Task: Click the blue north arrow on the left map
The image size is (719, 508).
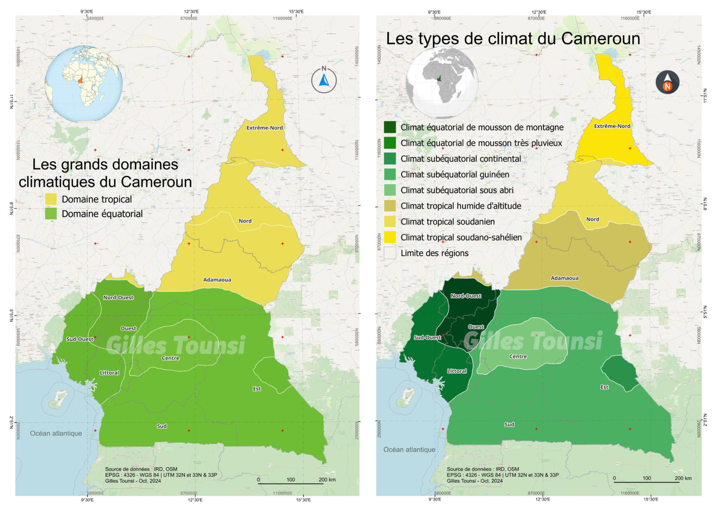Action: click(x=324, y=80)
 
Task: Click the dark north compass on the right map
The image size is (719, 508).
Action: click(x=667, y=82)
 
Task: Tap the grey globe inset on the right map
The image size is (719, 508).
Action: click(x=442, y=83)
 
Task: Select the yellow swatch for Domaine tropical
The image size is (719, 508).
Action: click(x=51, y=199)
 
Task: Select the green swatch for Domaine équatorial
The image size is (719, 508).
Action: click(x=51, y=214)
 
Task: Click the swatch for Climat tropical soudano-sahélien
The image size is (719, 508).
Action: click(x=389, y=237)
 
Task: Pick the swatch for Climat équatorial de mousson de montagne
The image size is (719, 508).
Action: click(x=389, y=127)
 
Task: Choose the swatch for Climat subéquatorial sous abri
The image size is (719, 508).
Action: click(x=389, y=190)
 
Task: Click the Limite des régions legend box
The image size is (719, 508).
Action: click(x=389, y=253)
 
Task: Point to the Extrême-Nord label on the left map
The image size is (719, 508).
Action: click(x=264, y=128)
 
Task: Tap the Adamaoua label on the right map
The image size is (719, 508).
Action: click(x=565, y=278)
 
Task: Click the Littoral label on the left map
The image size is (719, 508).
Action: click(x=109, y=373)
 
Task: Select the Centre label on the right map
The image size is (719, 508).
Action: click(x=518, y=356)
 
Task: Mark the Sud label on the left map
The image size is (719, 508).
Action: click(x=162, y=426)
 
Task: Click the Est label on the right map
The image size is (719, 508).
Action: click(x=604, y=387)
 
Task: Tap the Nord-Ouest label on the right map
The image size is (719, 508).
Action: click(x=466, y=296)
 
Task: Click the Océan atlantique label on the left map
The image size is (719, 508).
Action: click(x=56, y=433)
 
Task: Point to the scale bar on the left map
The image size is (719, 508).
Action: click(x=291, y=482)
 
